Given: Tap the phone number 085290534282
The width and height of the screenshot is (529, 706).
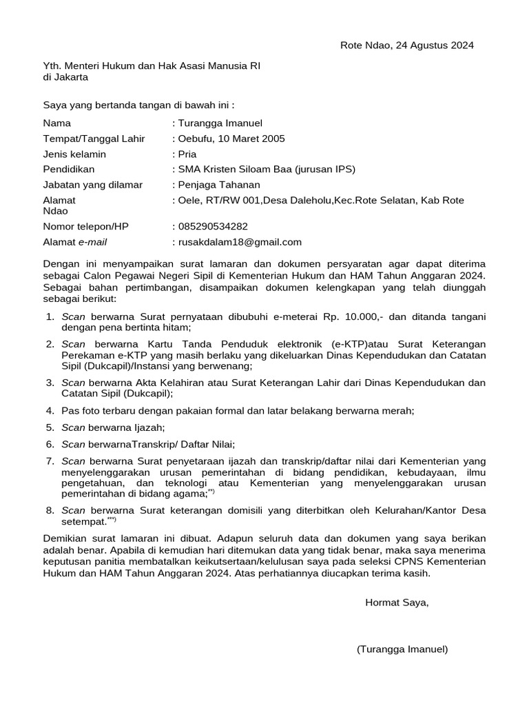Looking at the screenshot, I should (213, 226).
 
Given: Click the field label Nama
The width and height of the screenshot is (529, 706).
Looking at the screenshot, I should (56, 123).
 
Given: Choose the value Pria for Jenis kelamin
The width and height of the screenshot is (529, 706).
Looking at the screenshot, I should (187, 154).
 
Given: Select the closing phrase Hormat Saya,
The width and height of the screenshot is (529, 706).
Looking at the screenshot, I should (397, 603).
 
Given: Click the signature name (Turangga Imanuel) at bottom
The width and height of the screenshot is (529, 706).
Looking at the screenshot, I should (402, 649).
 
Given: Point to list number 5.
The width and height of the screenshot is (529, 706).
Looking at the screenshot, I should (50, 427).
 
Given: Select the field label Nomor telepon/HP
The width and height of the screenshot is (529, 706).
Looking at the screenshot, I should (85, 226).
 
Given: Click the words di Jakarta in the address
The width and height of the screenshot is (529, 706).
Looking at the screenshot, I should (65, 77).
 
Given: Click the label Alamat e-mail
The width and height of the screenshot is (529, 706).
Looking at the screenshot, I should (74, 242).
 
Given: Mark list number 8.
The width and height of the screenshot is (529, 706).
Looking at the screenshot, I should (50, 511).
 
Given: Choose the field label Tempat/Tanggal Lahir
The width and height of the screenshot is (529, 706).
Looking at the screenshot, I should (94, 139).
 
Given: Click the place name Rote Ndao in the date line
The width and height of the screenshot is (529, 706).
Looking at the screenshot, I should (364, 46).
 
